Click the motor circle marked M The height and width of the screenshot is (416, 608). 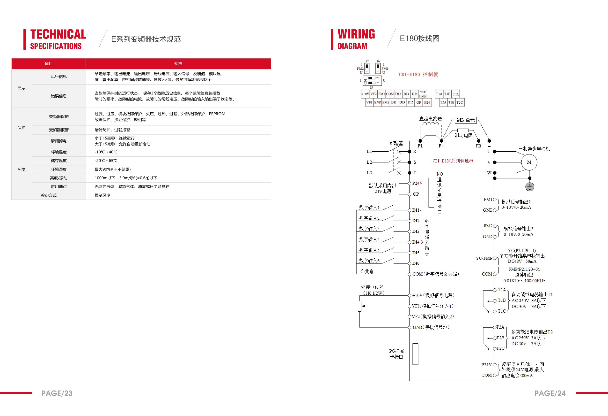pos(529,162)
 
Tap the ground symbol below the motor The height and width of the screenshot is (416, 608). pos(530,187)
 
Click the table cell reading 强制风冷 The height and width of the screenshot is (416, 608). pos(103,195)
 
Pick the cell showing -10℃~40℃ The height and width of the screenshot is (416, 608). pos(106,152)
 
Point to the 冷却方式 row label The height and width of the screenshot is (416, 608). pos(48,195)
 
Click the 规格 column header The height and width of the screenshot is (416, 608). pos(178,64)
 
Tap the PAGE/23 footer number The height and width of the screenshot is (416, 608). pos(57,393)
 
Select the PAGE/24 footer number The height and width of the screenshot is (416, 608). pos(550,393)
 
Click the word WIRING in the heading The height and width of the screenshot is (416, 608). pos(356,34)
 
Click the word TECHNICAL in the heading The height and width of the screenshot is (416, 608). pos(58,34)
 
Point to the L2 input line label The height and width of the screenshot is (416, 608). pos(369,162)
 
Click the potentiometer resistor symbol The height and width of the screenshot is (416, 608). pos(359,306)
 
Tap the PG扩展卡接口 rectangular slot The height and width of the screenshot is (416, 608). pos(415,354)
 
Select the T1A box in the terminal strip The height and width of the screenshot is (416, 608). pos(439,94)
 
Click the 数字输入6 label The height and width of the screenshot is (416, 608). pos(369,261)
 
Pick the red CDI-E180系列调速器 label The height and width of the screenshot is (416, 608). pos(453,161)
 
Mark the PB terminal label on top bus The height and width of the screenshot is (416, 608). pos(478,146)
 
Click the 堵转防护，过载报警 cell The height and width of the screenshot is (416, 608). pos(112,130)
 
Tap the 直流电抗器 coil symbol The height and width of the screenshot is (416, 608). pos(430,124)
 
